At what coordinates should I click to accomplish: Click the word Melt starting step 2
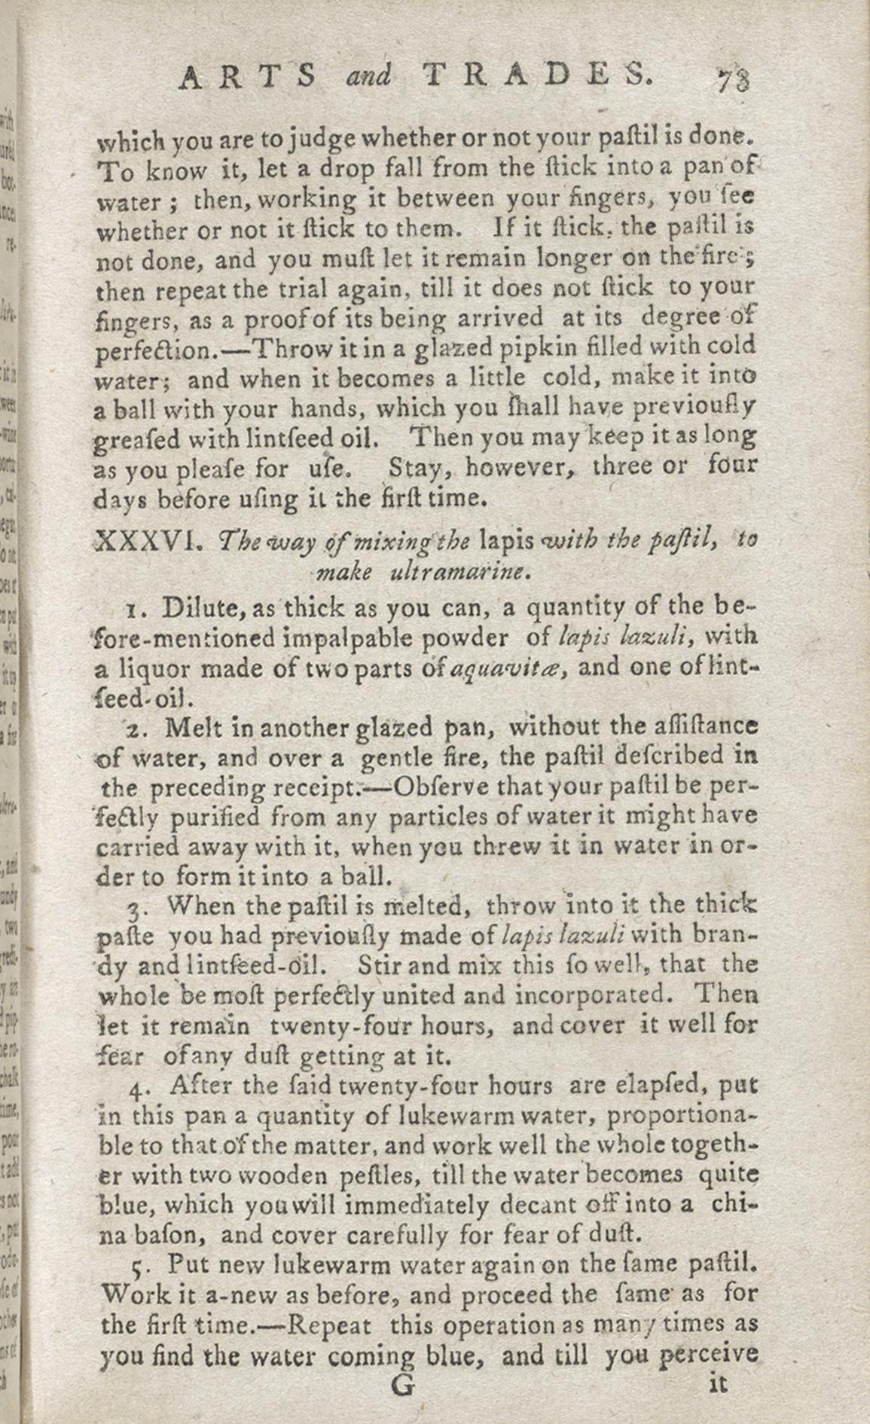(188, 728)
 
